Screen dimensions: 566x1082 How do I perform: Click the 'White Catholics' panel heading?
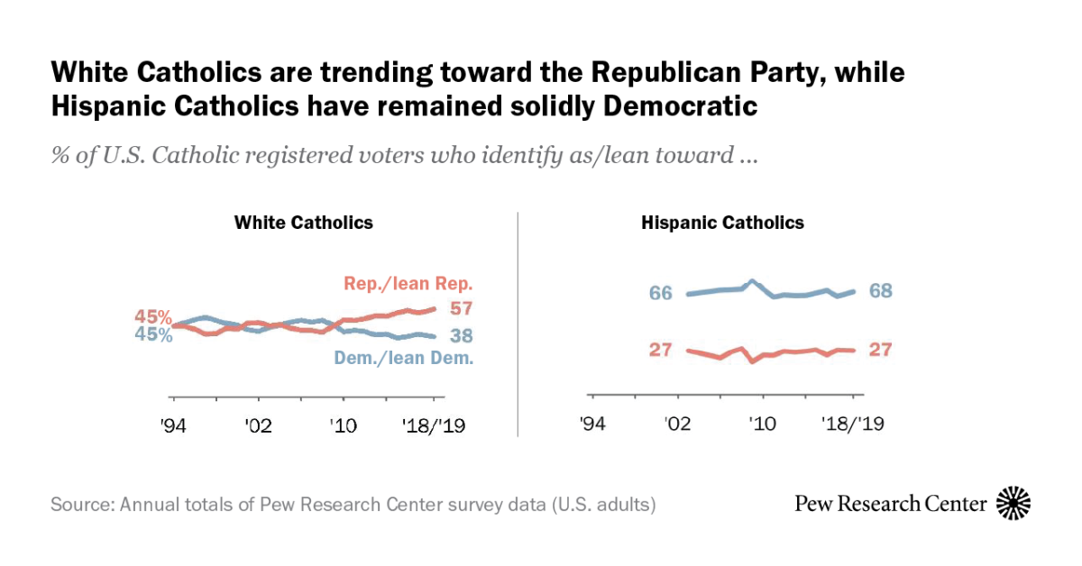click(x=304, y=223)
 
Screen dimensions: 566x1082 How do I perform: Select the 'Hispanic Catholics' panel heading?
click(x=722, y=223)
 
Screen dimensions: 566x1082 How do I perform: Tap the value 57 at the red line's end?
click(x=463, y=309)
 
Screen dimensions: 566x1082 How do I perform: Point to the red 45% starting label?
click(x=153, y=317)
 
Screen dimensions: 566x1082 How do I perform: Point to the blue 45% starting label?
click(x=153, y=336)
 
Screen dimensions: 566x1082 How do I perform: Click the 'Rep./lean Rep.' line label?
click(x=408, y=284)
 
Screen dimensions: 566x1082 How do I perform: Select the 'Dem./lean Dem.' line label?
click(x=404, y=358)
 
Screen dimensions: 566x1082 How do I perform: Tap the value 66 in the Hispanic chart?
click(x=661, y=293)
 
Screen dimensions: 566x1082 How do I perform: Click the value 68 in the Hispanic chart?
click(x=880, y=291)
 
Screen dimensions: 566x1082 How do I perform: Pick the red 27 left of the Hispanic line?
click(x=661, y=350)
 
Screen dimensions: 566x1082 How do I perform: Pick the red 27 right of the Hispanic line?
click(x=880, y=350)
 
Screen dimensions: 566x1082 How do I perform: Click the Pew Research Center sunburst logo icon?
click(x=1013, y=503)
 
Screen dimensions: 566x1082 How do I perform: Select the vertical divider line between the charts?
click(x=518, y=324)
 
